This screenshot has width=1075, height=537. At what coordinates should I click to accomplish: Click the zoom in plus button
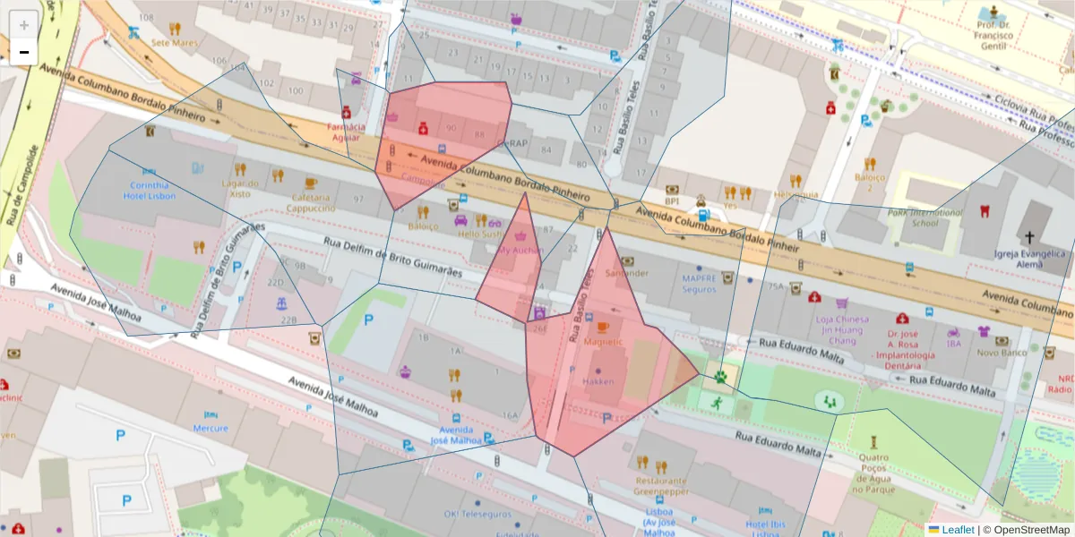24,24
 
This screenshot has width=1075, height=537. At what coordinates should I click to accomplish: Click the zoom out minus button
24,52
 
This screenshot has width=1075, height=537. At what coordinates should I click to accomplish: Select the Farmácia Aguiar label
346,132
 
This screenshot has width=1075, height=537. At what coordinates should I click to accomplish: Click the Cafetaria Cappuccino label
311,202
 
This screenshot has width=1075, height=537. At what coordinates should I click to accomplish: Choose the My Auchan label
520,250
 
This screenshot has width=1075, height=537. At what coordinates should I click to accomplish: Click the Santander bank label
626,272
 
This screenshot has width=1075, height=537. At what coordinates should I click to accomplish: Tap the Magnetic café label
602,341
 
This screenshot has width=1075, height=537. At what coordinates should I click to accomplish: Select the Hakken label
598,381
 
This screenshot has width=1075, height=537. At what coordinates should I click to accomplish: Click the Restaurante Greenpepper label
660,485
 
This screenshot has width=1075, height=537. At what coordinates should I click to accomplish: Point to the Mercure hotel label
211,428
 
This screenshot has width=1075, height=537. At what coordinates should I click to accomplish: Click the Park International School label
925,217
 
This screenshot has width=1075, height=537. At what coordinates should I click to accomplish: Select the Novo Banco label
1001,352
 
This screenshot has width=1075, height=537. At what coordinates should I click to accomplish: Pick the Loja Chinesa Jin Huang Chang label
842,329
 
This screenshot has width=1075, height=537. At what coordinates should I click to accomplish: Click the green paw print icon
721,378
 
